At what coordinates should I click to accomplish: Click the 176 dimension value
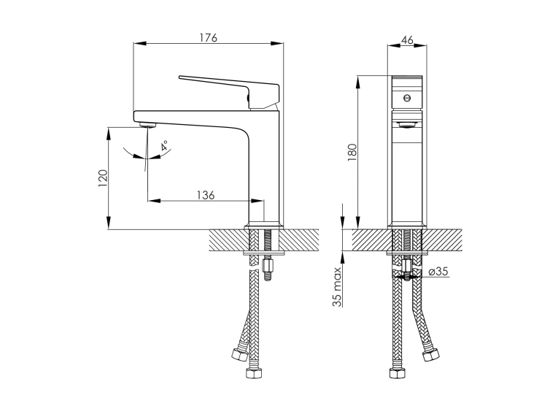[208, 37]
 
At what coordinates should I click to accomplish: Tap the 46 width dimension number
[407, 40]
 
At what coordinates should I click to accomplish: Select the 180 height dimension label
[352, 152]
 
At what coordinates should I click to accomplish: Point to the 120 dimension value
[103, 178]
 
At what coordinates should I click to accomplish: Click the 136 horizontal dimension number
[206, 195]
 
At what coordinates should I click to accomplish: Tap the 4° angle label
[165, 146]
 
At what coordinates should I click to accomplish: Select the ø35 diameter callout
[438, 272]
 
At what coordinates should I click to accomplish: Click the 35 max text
[337, 286]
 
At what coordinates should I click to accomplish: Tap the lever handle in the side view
[229, 92]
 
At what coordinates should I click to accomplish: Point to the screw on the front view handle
[407, 98]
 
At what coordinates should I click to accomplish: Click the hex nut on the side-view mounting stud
[266, 265]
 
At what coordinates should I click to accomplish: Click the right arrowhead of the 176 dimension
[277, 44]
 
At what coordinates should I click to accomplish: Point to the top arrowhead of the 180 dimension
[358, 82]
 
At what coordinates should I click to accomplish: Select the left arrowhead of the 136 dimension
[154, 201]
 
